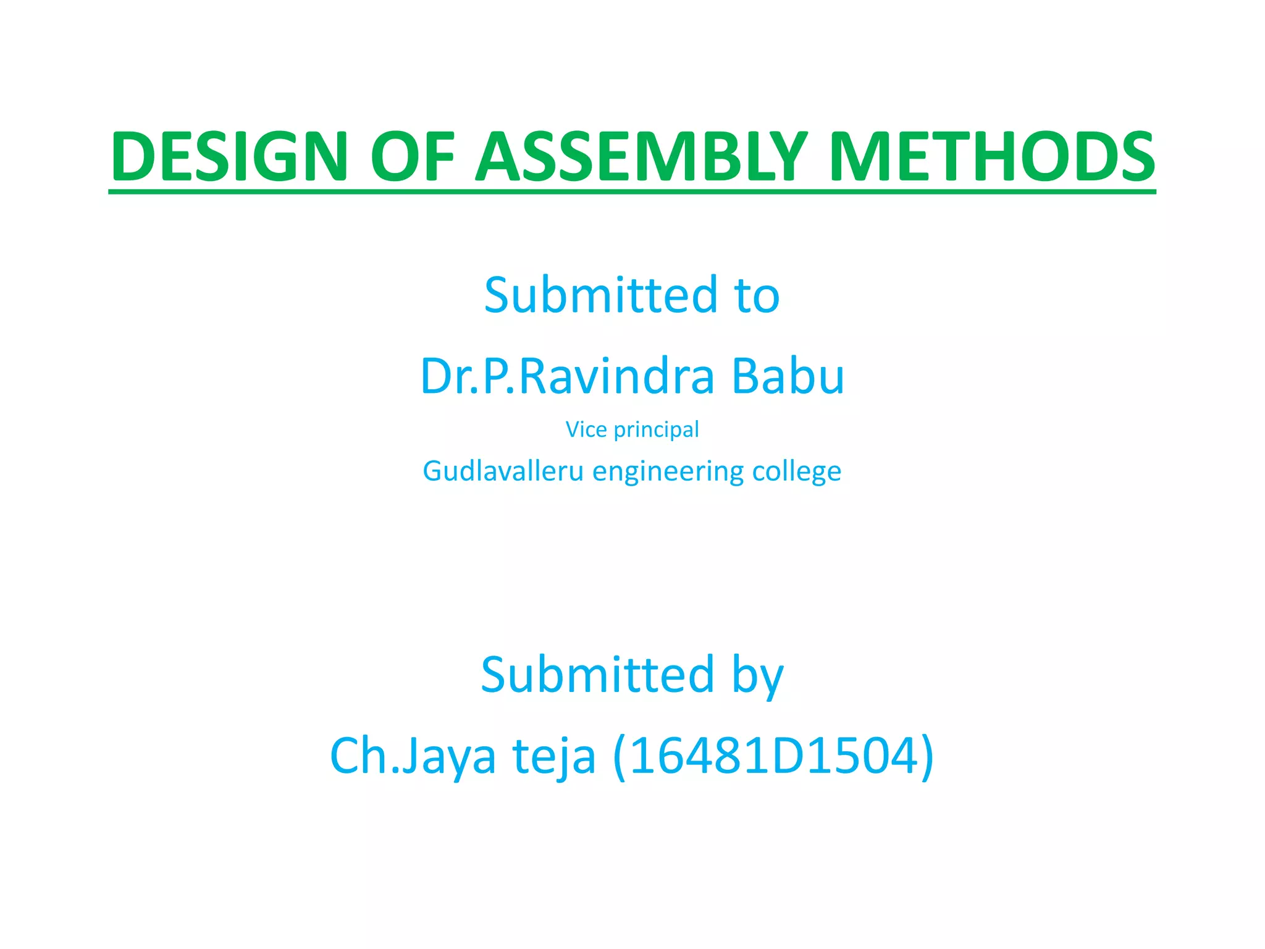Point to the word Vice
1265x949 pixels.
pos(586,429)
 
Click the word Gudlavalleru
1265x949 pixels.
pos(503,471)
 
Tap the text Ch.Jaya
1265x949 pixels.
pos(413,756)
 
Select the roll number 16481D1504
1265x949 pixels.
pos(773,755)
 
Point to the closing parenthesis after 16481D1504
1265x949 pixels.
pos(927,756)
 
